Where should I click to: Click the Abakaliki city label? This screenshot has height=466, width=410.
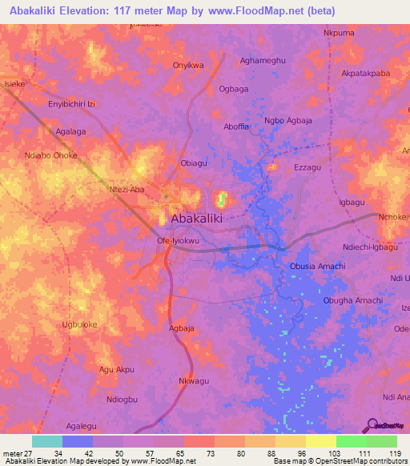click(x=196, y=218)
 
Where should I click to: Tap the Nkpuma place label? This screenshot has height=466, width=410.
click(x=338, y=33)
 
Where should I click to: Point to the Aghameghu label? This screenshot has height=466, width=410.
click(x=263, y=60)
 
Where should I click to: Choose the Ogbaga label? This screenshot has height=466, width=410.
click(x=234, y=89)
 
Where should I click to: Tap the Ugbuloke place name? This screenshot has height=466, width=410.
click(x=79, y=324)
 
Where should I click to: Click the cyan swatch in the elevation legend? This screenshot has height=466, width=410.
click(x=47, y=441)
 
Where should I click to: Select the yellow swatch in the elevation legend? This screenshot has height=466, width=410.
click(x=320, y=441)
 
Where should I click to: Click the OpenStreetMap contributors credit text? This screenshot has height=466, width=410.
click(x=356, y=461)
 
